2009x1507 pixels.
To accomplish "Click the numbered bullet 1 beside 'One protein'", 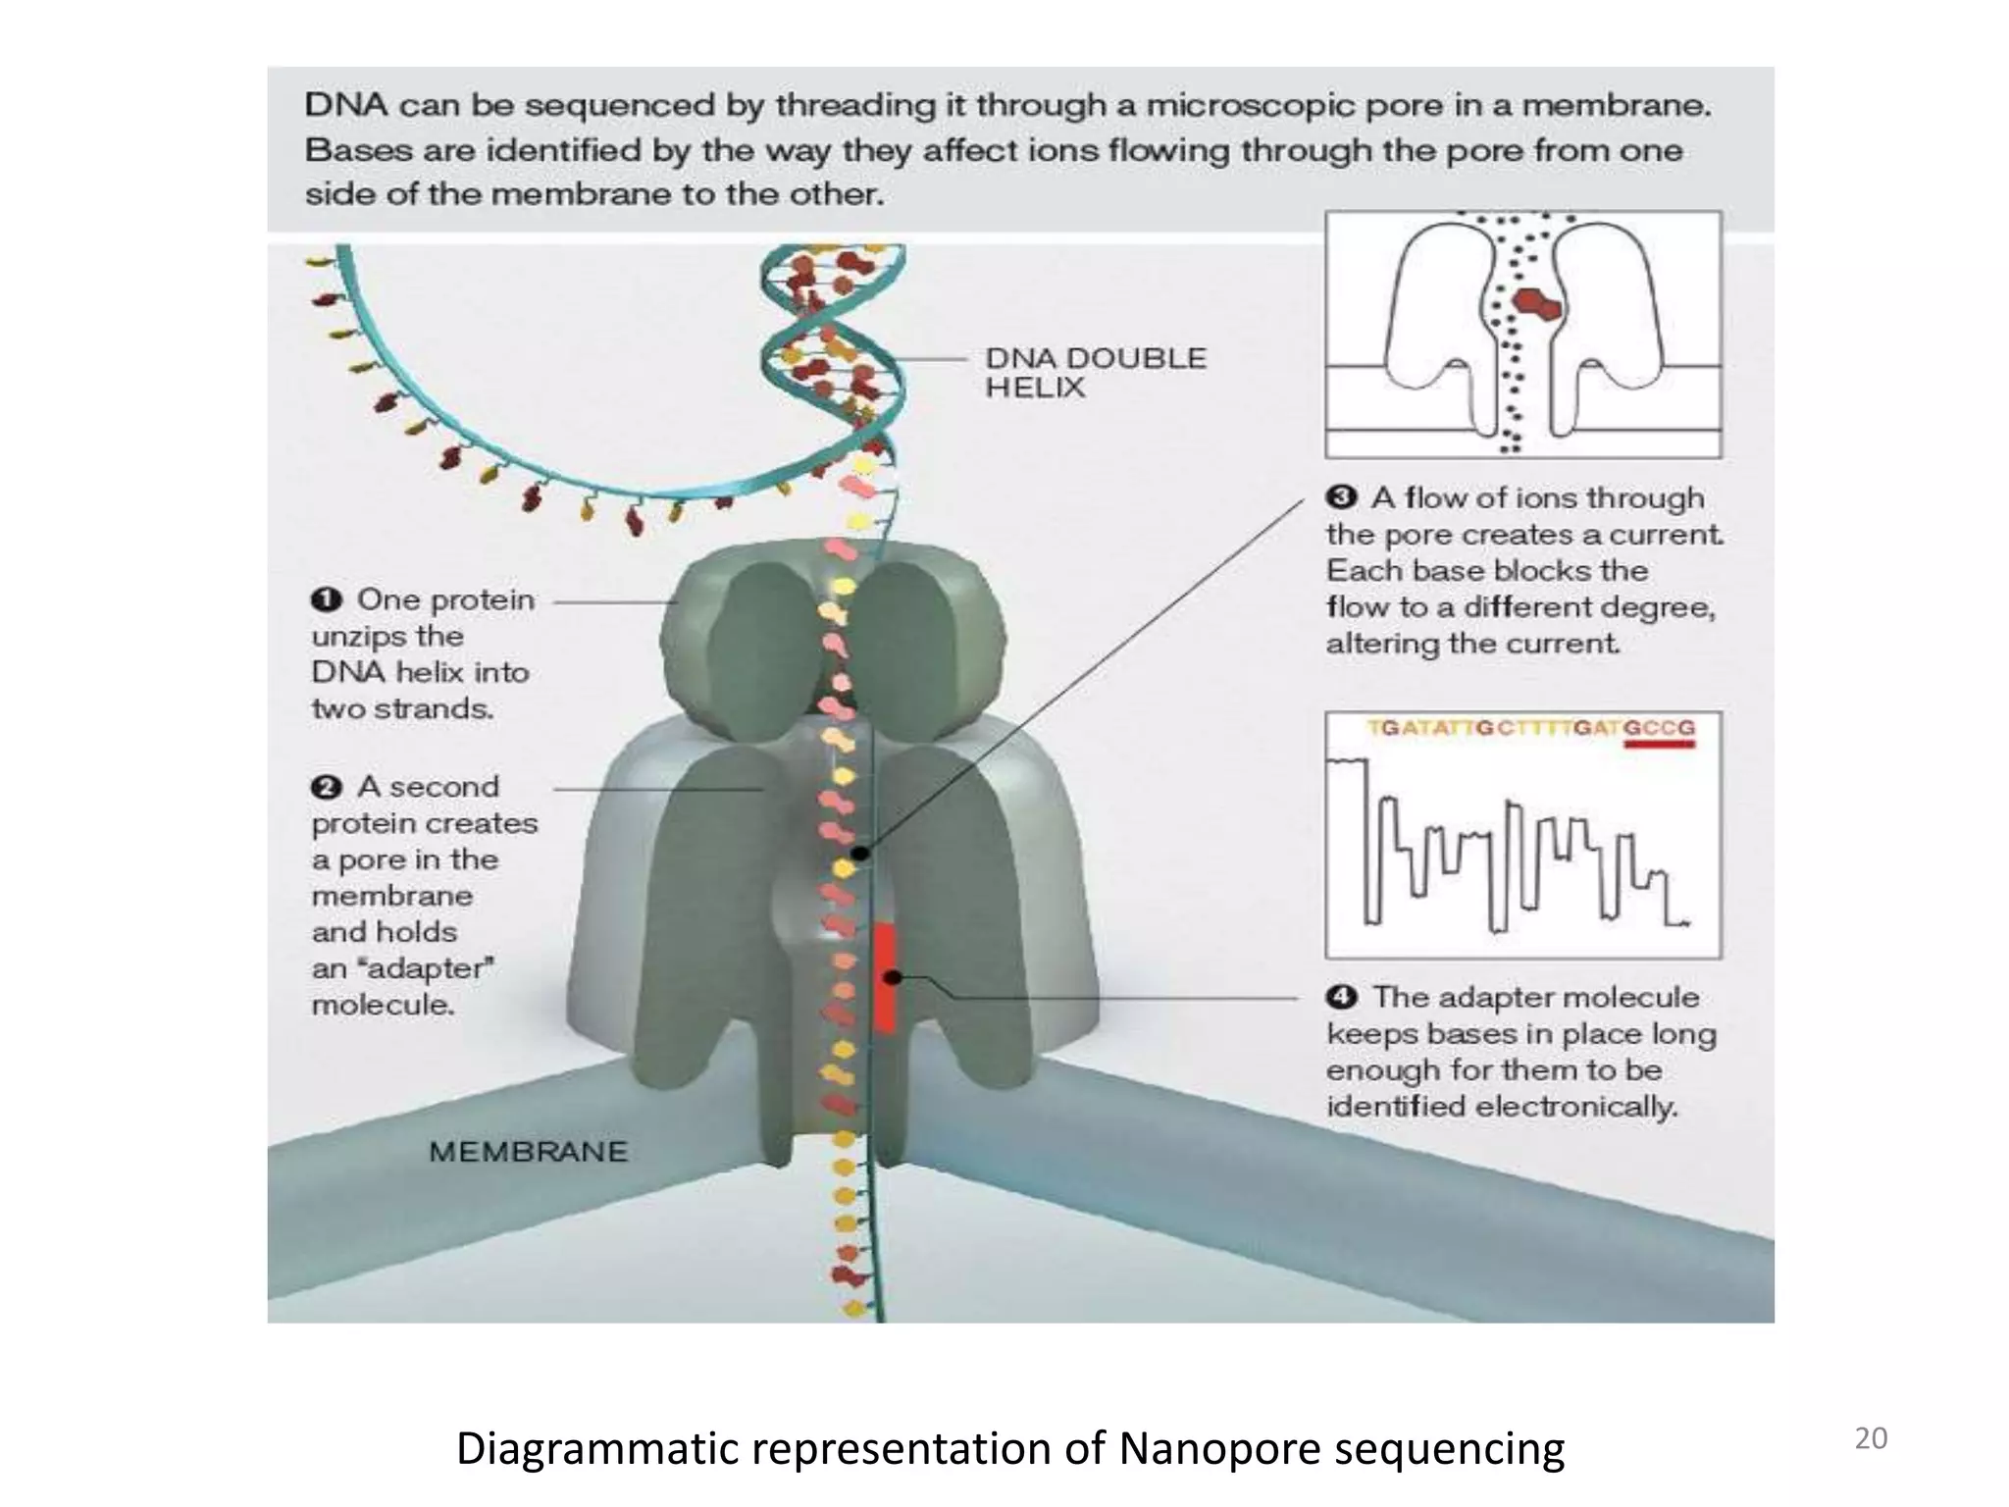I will pos(326,599).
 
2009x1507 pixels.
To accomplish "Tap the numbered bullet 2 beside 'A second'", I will pos(326,787).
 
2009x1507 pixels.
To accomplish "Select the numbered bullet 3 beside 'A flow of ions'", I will pos(1341,497).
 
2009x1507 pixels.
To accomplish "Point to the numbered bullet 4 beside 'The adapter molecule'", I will pos(1341,998).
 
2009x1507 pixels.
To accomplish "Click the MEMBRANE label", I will pos(528,1151).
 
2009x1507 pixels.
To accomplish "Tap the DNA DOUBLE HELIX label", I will pos(1095,372).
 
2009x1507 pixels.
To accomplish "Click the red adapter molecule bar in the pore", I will pos(885,977).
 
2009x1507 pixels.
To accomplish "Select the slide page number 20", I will pos(1870,1438).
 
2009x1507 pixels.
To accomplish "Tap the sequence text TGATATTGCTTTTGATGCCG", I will pos(1530,728).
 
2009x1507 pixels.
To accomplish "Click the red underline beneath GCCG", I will pos(1659,745).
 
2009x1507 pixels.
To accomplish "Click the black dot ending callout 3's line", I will pos(860,854).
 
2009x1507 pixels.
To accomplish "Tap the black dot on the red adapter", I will pos(893,977).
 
